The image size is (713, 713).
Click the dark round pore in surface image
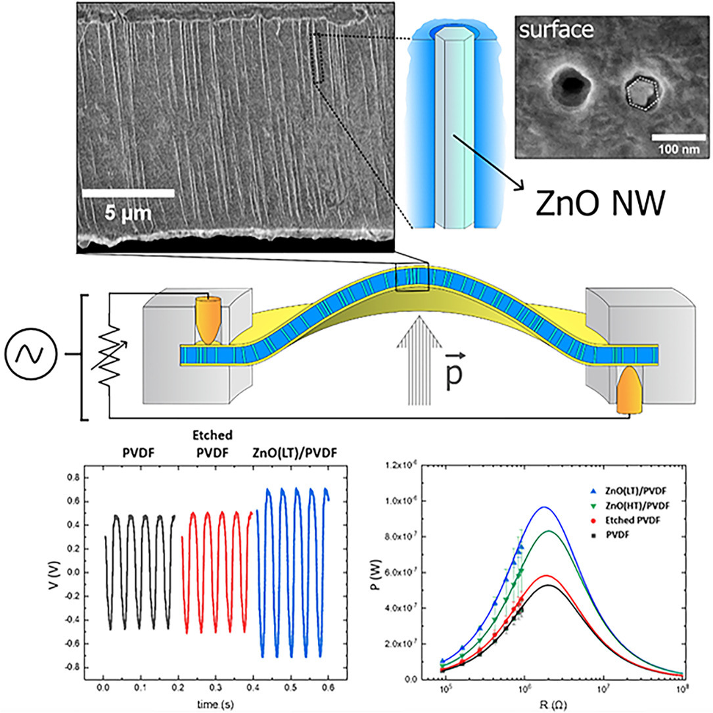pos(569,85)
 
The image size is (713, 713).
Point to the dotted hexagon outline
pos(641,93)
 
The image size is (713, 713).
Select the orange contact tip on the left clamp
pos(208,321)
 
